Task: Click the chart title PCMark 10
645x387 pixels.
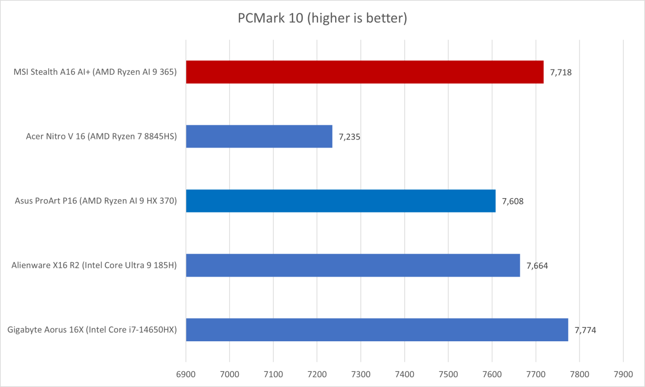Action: click(322, 18)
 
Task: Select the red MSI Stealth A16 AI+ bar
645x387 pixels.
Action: click(365, 72)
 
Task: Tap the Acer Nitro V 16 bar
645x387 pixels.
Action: click(259, 137)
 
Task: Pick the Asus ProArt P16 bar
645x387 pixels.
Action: click(341, 201)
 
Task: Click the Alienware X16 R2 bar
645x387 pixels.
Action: click(353, 265)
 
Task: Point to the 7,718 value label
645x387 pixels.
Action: click(561, 72)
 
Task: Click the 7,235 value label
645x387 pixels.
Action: click(349, 137)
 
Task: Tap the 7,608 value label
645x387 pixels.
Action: click(513, 201)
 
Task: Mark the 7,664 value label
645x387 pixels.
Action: click(537, 265)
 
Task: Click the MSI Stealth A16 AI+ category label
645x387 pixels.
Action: click(95, 72)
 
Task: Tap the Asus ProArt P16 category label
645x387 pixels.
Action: click(96, 201)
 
